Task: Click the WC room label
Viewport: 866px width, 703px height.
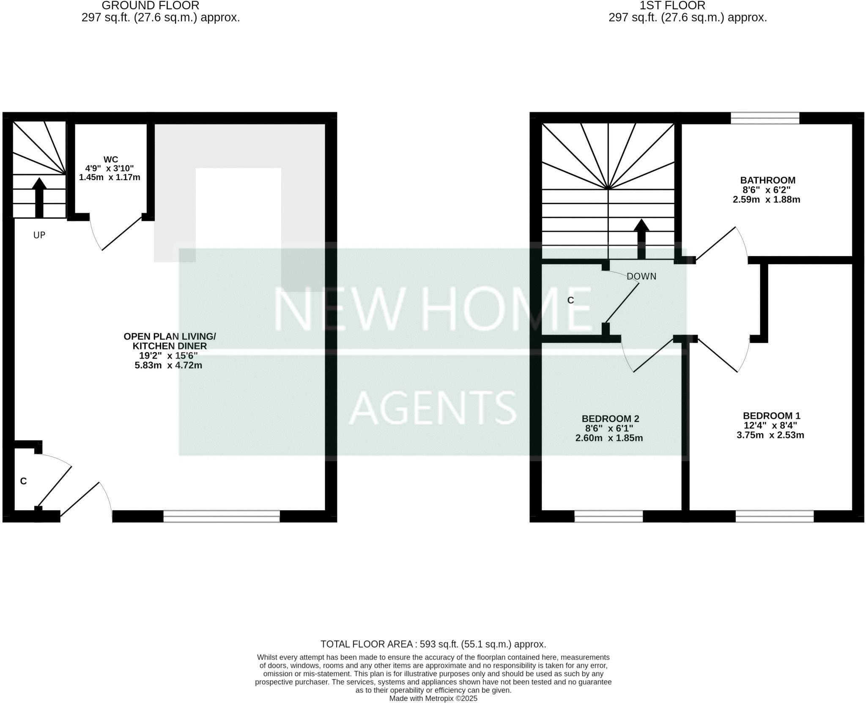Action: coord(110,159)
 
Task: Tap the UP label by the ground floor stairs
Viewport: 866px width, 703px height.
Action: coord(39,235)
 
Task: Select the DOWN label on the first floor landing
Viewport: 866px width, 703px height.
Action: coord(641,276)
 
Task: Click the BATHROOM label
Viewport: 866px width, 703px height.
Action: coord(767,181)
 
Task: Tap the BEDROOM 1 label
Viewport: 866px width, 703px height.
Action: coord(771,416)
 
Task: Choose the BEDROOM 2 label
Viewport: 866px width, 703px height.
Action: coord(610,419)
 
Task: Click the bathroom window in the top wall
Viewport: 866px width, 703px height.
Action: coord(765,118)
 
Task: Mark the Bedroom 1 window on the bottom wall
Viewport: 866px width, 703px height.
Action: coord(774,516)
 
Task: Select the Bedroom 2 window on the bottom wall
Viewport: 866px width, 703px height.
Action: coord(608,516)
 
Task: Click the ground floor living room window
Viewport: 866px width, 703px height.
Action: coord(221,516)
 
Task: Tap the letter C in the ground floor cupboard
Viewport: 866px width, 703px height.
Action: coord(24,481)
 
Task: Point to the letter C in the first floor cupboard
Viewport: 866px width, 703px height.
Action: coord(570,300)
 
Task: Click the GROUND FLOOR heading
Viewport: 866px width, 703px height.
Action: coord(150,6)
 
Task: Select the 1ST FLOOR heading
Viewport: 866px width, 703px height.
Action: coord(672,6)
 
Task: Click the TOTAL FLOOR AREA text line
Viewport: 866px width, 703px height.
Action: coord(433,644)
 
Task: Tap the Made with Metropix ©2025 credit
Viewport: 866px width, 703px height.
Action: coord(433,698)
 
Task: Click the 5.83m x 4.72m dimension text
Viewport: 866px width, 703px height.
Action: coord(168,365)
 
